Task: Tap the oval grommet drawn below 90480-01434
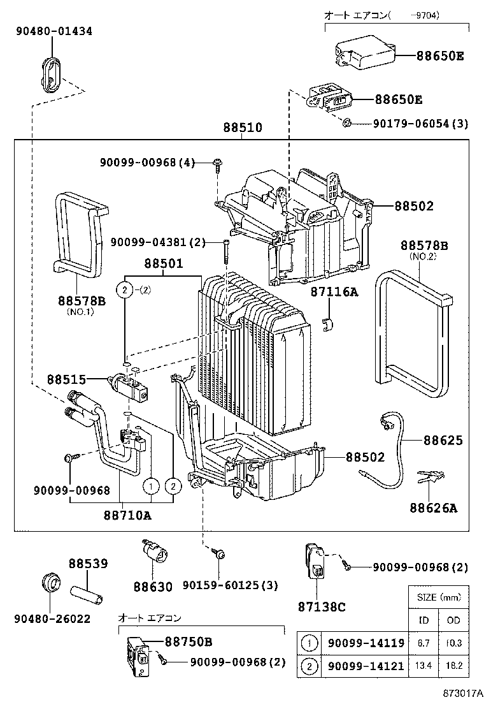click(x=52, y=75)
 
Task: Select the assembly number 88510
click(x=242, y=128)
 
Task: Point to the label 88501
click(x=163, y=263)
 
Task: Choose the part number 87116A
click(x=334, y=292)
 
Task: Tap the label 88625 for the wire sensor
click(x=443, y=441)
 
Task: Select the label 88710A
click(x=127, y=515)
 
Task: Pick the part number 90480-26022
click(x=52, y=618)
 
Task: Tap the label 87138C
click(x=322, y=606)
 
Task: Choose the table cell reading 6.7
click(x=423, y=643)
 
